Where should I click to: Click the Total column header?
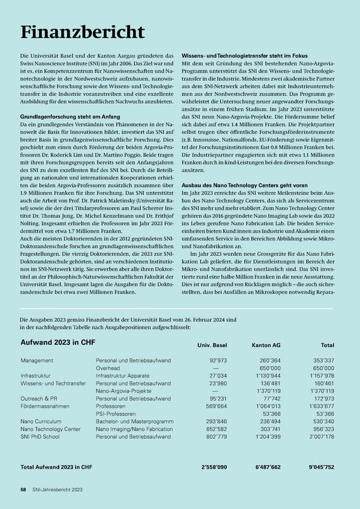(327, 345)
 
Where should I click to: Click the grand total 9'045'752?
(319, 467)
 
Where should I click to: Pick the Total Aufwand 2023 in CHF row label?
(56, 467)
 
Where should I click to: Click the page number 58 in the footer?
(23, 490)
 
